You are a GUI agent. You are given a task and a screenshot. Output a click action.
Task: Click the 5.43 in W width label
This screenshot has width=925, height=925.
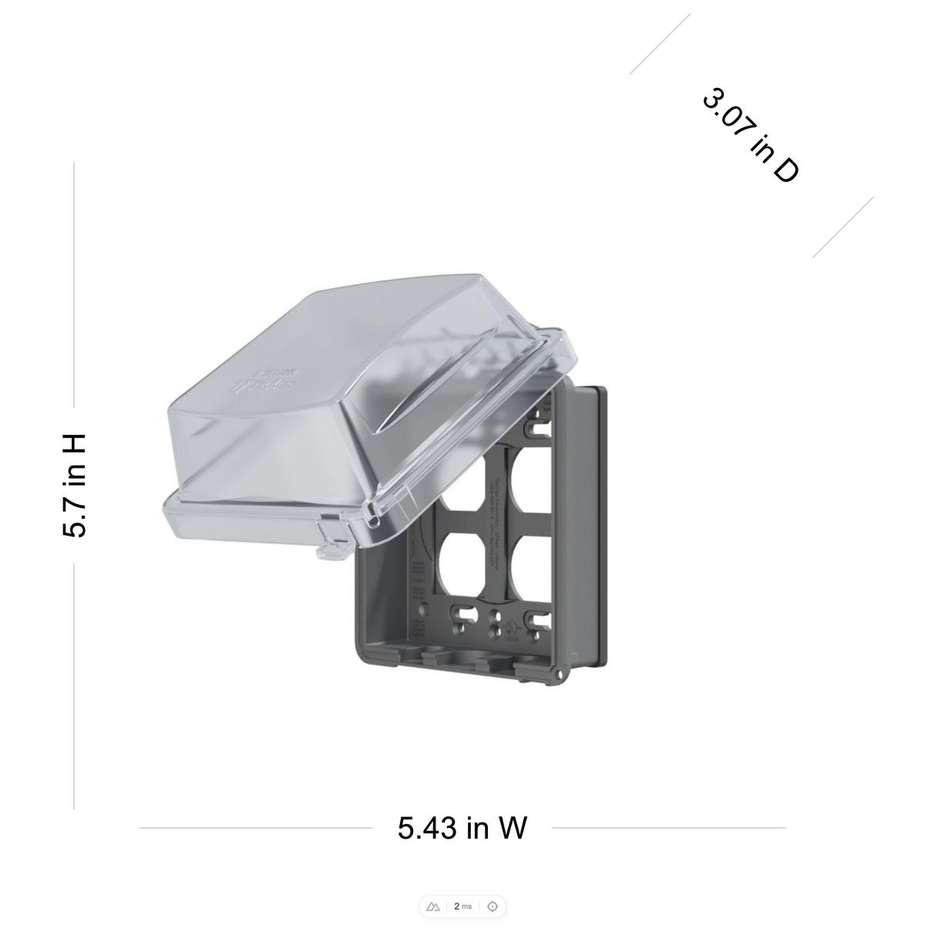coord(462,828)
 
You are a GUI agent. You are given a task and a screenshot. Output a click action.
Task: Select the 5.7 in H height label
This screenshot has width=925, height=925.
coord(75,485)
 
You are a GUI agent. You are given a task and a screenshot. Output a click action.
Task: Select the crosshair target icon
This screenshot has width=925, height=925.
coord(492,906)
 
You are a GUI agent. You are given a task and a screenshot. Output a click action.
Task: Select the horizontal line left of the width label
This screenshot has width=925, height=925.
coord(254,828)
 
